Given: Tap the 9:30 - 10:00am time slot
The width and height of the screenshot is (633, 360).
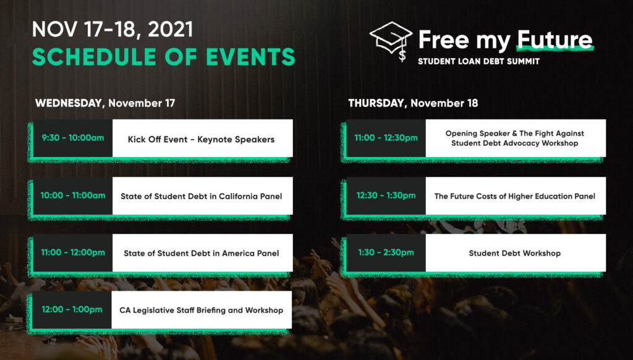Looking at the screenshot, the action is [x=73, y=138].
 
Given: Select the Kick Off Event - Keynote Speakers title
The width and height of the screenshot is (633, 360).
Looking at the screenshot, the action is [x=201, y=139].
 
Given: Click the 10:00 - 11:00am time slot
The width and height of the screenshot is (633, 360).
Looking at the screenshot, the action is [x=73, y=195].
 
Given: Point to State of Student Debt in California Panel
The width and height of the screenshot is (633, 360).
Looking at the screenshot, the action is [x=201, y=196].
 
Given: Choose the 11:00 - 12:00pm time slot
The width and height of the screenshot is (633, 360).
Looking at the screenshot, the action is [x=73, y=252].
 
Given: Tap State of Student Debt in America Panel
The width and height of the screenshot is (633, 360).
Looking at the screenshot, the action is [x=201, y=254].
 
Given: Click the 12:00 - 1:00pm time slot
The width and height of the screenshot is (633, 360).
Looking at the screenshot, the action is [x=72, y=309].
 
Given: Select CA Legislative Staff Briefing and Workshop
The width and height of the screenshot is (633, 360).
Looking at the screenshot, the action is [x=201, y=311].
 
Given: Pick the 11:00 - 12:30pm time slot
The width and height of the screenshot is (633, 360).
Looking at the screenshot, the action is [x=386, y=138].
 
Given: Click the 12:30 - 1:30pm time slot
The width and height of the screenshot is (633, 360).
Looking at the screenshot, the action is [x=386, y=195].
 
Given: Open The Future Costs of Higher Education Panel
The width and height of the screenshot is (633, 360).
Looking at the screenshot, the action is [x=515, y=196].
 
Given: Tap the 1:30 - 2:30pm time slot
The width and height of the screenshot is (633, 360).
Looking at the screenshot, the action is [x=386, y=252].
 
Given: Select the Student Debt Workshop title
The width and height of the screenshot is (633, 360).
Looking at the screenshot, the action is [x=515, y=254].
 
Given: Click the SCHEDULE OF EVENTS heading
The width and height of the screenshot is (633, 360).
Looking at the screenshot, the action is [x=163, y=56].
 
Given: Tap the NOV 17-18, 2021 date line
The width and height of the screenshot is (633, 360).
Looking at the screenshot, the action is [x=113, y=30].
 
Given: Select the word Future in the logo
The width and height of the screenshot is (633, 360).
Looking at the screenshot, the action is [x=554, y=40].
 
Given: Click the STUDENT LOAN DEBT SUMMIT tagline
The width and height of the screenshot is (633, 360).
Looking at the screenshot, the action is [x=478, y=61].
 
